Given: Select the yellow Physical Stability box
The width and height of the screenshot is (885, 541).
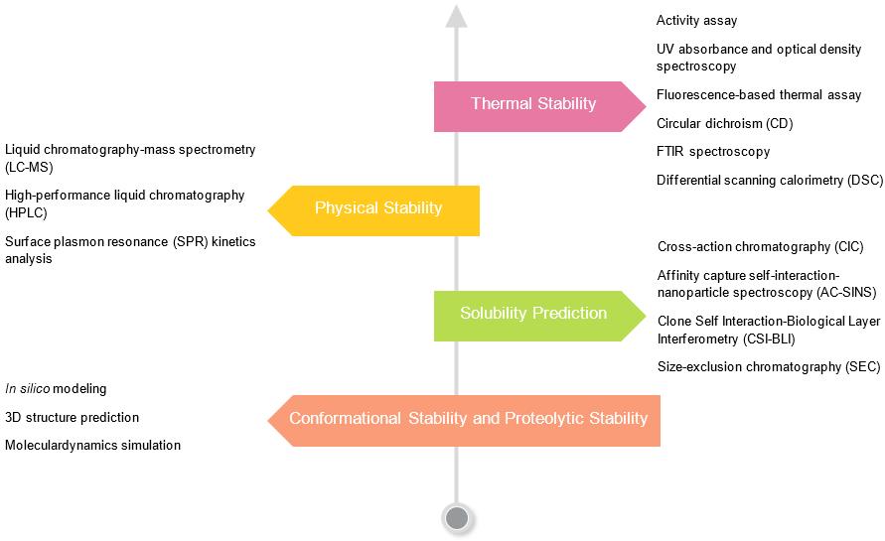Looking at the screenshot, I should click(377, 208).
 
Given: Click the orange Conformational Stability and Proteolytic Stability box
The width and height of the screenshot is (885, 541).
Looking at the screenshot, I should click(468, 419).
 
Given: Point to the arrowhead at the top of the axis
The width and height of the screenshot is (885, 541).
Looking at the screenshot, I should click(456, 15).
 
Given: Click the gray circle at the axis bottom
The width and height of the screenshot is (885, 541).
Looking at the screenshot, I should click(457, 517).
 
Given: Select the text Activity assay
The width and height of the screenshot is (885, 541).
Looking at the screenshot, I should click(696, 21).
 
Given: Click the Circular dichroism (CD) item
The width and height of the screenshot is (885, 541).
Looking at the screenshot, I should click(724, 124).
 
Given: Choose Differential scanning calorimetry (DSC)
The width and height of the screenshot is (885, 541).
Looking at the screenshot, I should click(769, 180).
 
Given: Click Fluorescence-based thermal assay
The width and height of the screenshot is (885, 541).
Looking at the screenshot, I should click(759, 95).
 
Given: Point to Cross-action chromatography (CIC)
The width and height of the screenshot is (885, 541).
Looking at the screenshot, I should click(760, 247).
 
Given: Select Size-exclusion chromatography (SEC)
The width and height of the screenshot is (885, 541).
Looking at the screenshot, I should click(768, 367).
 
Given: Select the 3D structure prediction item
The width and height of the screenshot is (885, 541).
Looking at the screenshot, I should click(72, 418).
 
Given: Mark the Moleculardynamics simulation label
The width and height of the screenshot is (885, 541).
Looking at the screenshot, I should click(92, 446).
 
